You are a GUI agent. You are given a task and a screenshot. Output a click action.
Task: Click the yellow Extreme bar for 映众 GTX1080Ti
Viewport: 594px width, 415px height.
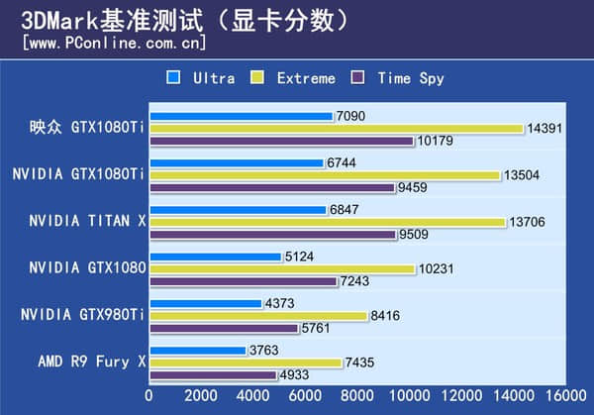(x=336, y=129)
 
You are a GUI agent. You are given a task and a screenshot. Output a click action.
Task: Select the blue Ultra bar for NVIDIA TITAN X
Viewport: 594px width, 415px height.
(x=238, y=210)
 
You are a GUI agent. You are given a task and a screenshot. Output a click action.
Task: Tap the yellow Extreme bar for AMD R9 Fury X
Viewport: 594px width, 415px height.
(x=246, y=363)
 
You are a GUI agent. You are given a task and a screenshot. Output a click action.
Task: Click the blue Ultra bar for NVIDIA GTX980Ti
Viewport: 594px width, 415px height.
(x=206, y=304)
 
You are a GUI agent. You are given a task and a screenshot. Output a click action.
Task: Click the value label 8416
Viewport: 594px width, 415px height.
(x=385, y=316)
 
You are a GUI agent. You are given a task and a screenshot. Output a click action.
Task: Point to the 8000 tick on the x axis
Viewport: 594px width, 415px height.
(x=357, y=395)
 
